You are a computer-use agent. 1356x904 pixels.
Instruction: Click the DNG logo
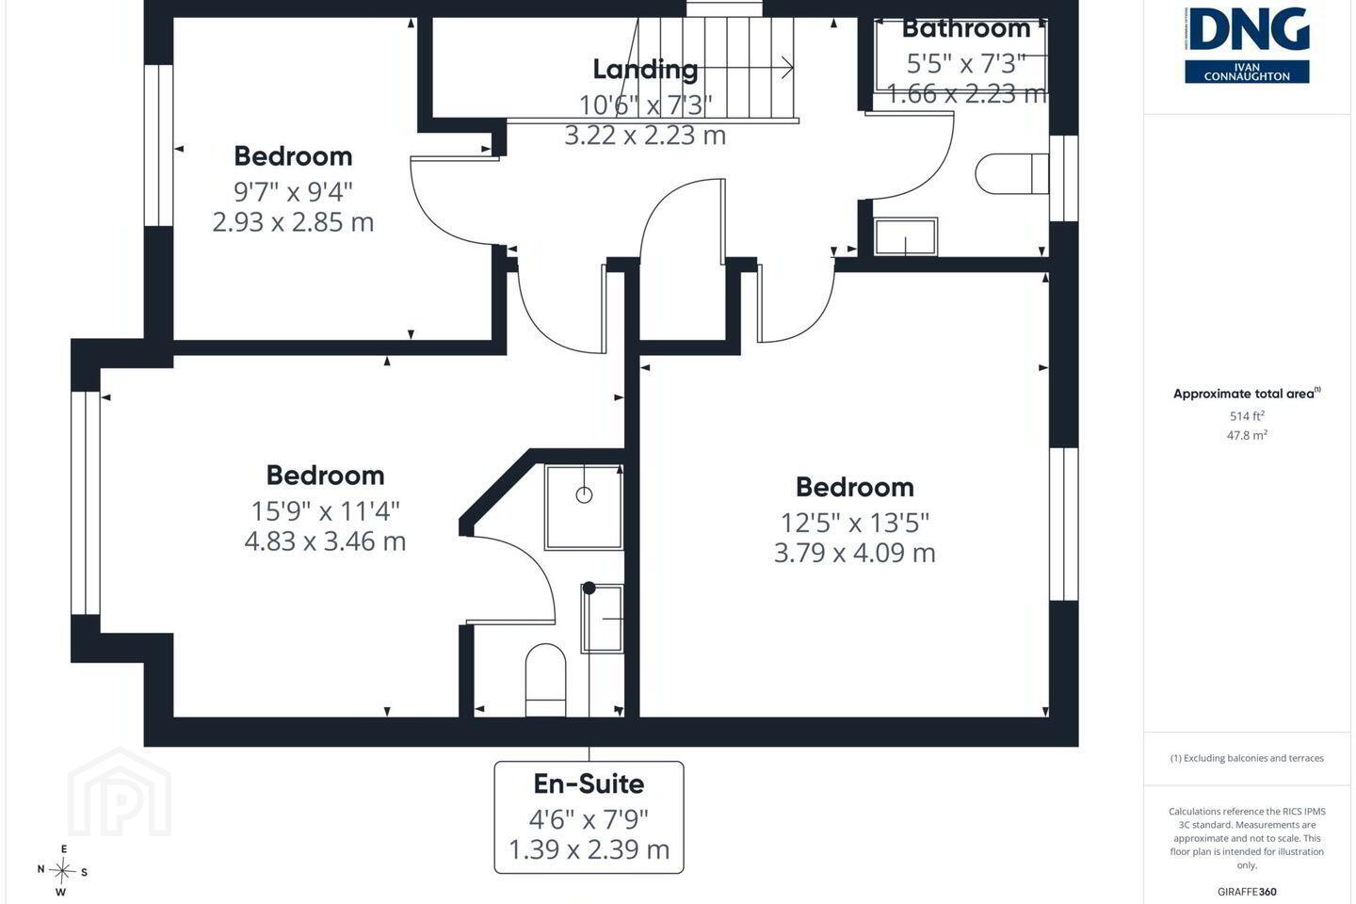(x=1247, y=45)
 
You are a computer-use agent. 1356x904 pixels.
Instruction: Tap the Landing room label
(x=645, y=69)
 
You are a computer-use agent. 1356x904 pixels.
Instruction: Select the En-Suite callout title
(x=589, y=784)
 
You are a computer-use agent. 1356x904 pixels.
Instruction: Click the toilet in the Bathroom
(x=1011, y=174)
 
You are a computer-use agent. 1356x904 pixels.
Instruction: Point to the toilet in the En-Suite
(x=545, y=680)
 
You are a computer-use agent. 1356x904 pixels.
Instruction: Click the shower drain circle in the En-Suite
(x=584, y=495)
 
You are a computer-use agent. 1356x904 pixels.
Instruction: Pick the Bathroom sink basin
(x=906, y=236)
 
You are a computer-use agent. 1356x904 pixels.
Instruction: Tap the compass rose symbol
(x=62, y=871)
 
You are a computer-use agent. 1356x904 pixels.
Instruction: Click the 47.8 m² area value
(x=1247, y=435)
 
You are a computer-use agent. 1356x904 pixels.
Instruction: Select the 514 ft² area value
(x=1247, y=416)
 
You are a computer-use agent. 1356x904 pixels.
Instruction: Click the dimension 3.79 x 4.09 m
(x=855, y=553)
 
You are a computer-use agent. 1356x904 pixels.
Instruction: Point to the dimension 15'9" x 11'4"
(x=326, y=511)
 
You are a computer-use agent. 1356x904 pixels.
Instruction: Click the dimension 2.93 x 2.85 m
(x=293, y=222)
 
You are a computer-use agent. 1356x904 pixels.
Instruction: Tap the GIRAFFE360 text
(x=1247, y=892)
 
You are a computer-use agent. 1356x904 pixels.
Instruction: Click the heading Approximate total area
(x=1247, y=394)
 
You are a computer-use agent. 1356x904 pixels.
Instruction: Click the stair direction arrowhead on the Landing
(x=787, y=67)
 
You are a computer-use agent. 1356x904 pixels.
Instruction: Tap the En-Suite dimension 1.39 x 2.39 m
(x=589, y=849)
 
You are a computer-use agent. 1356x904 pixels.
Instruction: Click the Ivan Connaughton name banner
(x=1247, y=72)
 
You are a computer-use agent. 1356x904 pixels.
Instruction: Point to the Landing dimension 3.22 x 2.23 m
(x=645, y=135)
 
